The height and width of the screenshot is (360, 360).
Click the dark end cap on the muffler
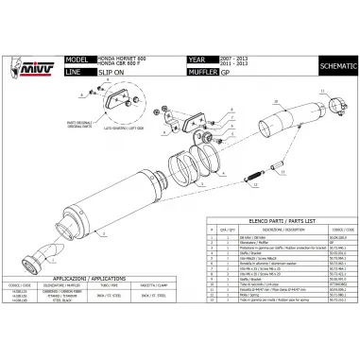(x=45, y=252)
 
